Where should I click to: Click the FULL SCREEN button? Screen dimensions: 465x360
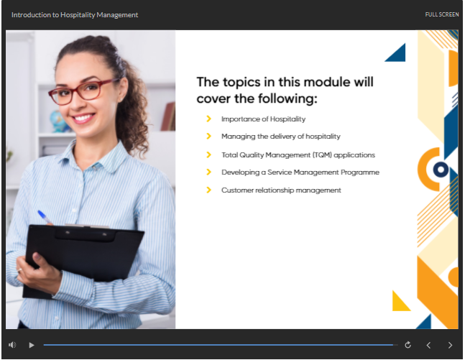click(441, 14)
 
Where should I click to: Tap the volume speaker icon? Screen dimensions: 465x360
click(12, 345)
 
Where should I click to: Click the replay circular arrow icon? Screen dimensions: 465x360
click(408, 345)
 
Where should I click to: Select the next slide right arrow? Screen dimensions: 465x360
click(450, 345)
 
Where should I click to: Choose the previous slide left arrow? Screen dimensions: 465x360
click(428, 345)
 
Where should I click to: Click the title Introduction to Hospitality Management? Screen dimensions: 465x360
click(75, 15)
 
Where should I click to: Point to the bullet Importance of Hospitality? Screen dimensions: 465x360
click(263, 119)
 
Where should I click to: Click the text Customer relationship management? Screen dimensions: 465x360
click(281, 190)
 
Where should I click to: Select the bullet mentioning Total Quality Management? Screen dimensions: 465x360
click(298, 154)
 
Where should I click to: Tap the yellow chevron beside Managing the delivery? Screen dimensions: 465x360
click(208, 136)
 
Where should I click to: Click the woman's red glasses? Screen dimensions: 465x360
click(83, 91)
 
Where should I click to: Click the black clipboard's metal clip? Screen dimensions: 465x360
click(85, 233)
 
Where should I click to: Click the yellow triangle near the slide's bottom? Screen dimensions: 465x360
click(400, 302)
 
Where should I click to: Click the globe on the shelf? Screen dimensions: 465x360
click(58, 121)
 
